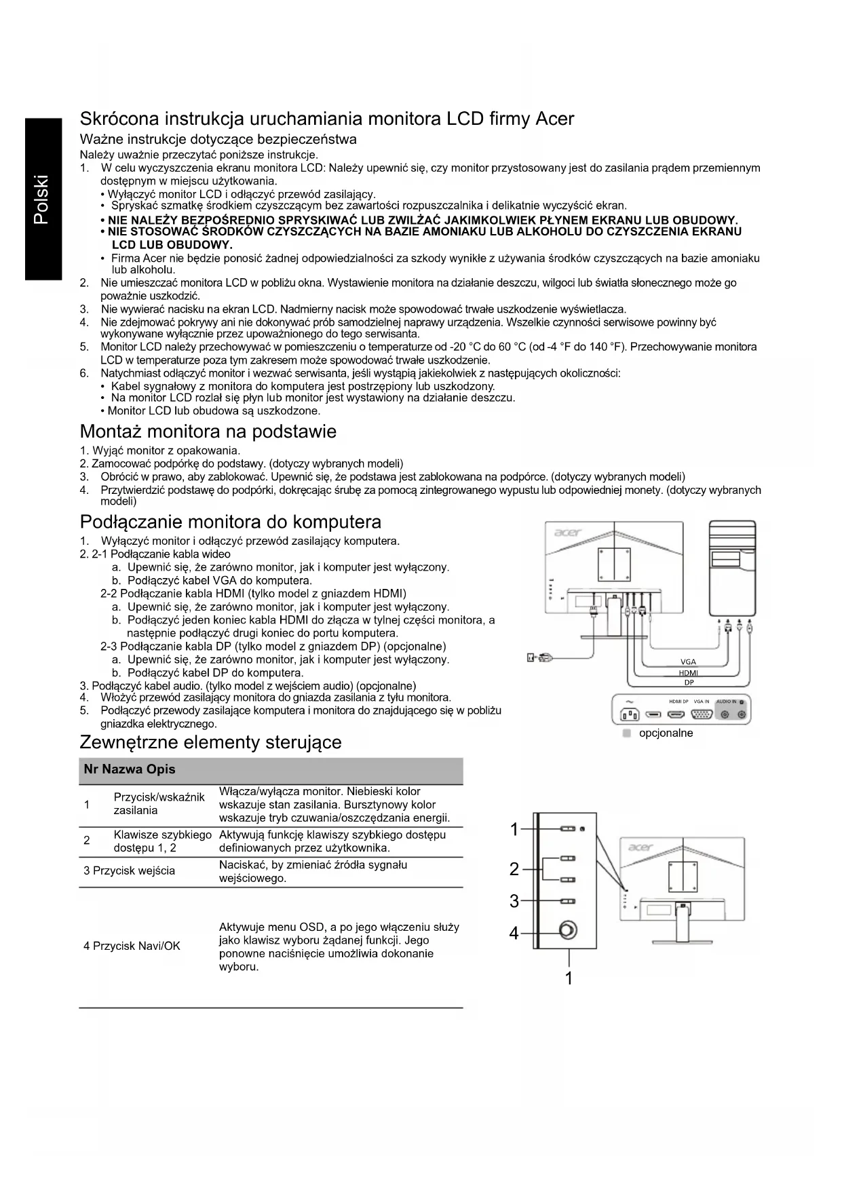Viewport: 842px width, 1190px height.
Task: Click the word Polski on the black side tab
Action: click(x=41, y=199)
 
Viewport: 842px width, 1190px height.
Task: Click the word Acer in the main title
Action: click(x=554, y=119)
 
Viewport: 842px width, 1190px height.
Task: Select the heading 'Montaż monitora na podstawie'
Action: click(x=208, y=431)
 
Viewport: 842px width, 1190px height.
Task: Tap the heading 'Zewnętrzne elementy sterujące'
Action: click(x=210, y=742)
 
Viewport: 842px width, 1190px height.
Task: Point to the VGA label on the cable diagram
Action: click(x=688, y=662)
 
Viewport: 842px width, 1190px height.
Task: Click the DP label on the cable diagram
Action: click(x=689, y=683)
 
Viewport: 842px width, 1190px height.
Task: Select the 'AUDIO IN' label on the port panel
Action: click(x=726, y=701)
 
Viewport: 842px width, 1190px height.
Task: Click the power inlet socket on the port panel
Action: click(x=628, y=714)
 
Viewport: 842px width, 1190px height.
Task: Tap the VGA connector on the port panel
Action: click(x=701, y=714)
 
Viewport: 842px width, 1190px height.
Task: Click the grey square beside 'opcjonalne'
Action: click(x=627, y=733)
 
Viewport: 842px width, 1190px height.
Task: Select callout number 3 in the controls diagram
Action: click(x=514, y=901)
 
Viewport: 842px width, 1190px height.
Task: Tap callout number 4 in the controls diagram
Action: click(x=514, y=934)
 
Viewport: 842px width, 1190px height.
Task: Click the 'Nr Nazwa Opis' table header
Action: click(x=129, y=769)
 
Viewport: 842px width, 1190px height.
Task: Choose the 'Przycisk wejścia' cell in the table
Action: click(x=129, y=871)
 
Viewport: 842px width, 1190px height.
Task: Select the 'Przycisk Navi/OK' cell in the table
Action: click(x=132, y=946)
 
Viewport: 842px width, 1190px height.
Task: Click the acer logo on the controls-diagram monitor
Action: click(x=641, y=847)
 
